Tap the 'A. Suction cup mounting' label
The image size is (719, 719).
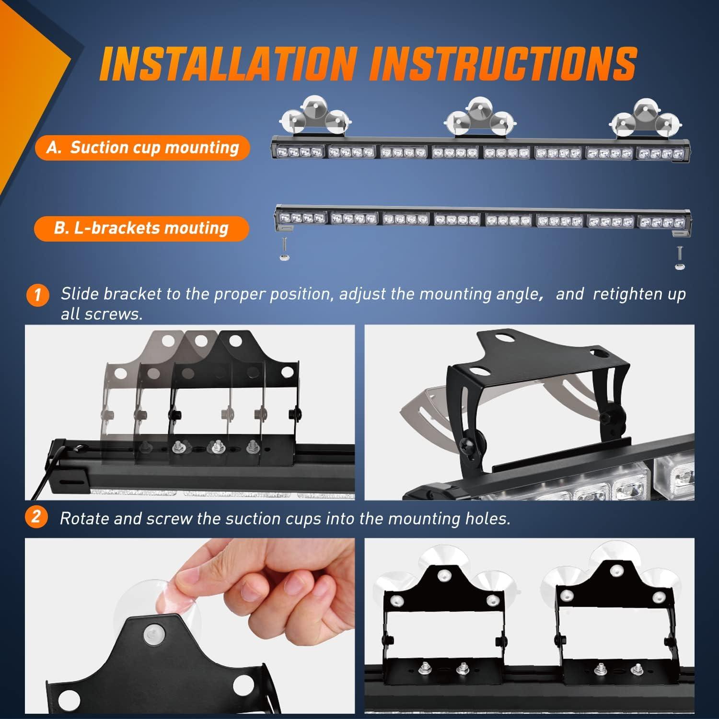click(142, 148)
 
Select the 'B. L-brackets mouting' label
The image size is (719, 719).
click(141, 229)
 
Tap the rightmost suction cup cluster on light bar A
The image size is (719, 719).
click(640, 118)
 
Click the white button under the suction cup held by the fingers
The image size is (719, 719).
click(152, 635)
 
